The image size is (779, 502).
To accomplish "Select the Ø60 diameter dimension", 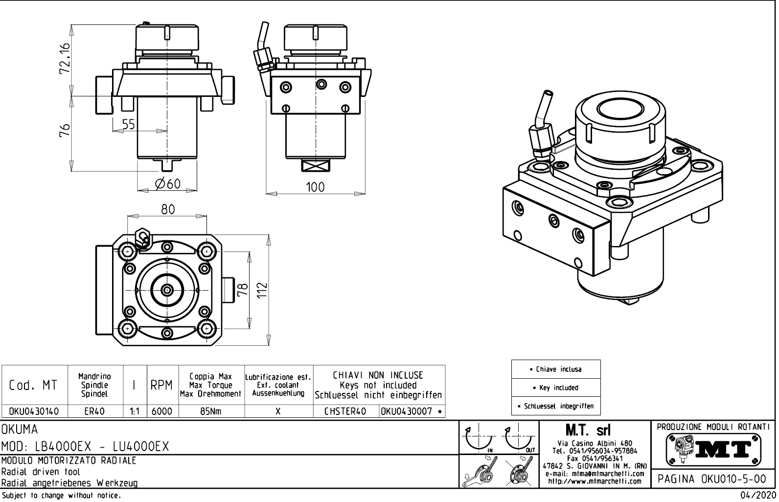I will pyautogui.click(x=168, y=184).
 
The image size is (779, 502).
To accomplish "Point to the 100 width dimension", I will pyautogui.click(x=315, y=187).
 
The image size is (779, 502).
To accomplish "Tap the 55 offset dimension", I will pyautogui.click(x=128, y=124).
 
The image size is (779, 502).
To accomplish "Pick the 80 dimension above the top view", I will pyautogui.click(x=168, y=209).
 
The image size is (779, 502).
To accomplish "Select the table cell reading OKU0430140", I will pyautogui.click(x=34, y=411).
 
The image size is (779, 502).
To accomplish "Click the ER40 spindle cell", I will pyautogui.click(x=94, y=411).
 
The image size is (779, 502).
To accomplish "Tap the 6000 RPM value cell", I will pyautogui.click(x=162, y=411).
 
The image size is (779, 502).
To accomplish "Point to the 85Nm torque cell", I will pyautogui.click(x=211, y=411).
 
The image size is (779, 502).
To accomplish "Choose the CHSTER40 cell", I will pyautogui.click(x=345, y=411).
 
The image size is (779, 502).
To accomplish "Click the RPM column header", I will pyautogui.click(x=162, y=386).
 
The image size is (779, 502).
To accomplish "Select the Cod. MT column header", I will pyautogui.click(x=33, y=386).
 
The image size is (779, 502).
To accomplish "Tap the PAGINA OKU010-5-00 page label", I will pyautogui.click(x=712, y=479).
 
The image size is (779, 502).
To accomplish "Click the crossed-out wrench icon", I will pyautogui.click(x=519, y=474).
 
